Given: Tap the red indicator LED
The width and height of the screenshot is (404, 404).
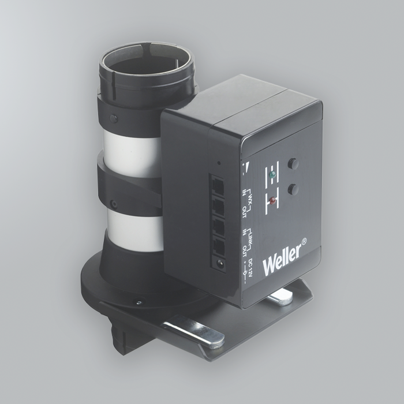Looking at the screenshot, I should [x=271, y=201].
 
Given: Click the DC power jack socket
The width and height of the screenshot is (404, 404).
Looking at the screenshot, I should [x=219, y=265].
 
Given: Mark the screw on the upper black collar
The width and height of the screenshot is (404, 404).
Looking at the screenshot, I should [x=113, y=118].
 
